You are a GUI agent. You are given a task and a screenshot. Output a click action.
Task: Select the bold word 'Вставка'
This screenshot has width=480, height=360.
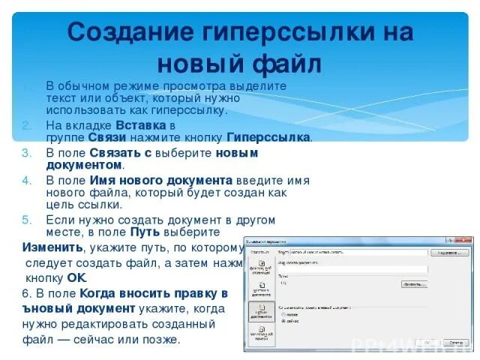coord(140,124)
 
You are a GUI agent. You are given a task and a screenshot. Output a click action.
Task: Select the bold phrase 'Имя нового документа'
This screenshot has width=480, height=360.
coord(160,180)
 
